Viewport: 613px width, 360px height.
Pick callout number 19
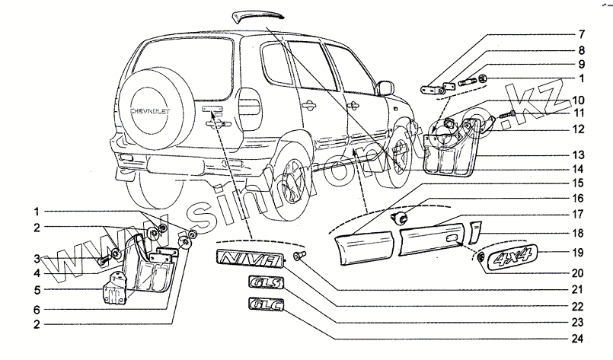[579, 252]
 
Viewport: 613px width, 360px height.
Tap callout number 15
[579, 183]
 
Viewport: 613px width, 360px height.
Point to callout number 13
[579, 153]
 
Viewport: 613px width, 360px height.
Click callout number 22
[579, 307]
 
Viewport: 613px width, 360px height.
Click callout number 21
[579, 290]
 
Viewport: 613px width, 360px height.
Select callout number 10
[579, 100]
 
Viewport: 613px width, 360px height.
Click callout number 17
[579, 214]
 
